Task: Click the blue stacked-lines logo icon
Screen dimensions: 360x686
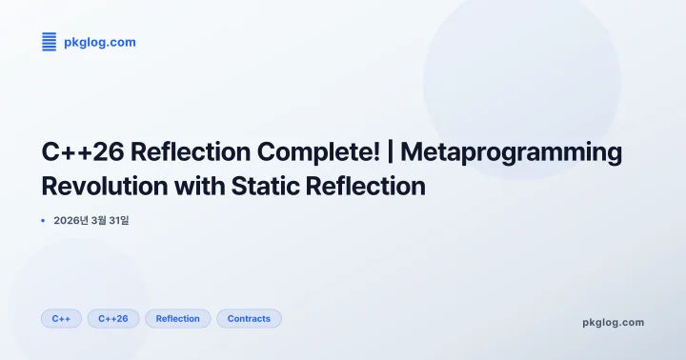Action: point(50,42)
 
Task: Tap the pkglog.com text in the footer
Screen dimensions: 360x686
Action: point(613,322)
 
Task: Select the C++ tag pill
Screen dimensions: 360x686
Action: point(61,318)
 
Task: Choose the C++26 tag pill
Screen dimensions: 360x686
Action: point(113,318)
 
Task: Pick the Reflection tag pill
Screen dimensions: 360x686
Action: point(178,318)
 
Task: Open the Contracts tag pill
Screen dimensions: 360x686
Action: point(249,318)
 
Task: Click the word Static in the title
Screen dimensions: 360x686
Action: point(261,186)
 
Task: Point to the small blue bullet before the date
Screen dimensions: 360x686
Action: point(44,221)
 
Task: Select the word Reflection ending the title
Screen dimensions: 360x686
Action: point(365,186)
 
